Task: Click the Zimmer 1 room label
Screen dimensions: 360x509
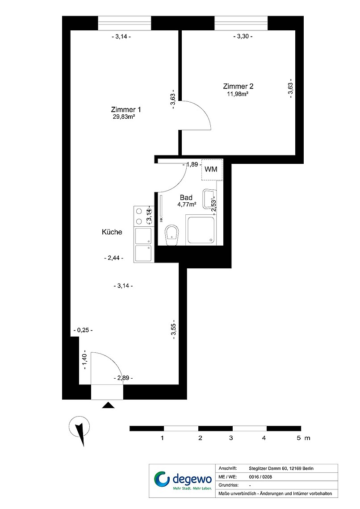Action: pyautogui.click(x=126, y=110)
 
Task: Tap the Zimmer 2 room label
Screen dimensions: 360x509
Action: pyautogui.click(x=238, y=86)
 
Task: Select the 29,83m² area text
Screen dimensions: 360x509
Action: pyautogui.click(x=124, y=117)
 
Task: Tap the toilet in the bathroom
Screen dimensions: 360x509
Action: pyautogui.click(x=172, y=234)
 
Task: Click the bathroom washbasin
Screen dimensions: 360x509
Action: pyautogui.click(x=209, y=199)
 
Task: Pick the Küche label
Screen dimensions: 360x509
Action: pyautogui.click(x=112, y=232)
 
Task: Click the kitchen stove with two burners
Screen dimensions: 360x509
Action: pyautogui.click(x=142, y=216)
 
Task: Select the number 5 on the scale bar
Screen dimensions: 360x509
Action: pyautogui.click(x=299, y=438)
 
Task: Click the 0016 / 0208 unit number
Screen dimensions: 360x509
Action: pyautogui.click(x=260, y=477)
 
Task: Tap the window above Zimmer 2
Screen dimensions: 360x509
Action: pyautogui.click(x=241, y=23)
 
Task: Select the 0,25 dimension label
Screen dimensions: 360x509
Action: pyautogui.click(x=83, y=330)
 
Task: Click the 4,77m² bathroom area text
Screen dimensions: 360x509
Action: pyautogui.click(x=187, y=204)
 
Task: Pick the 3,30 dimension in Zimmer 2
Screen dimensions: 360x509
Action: pyautogui.click(x=243, y=36)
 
